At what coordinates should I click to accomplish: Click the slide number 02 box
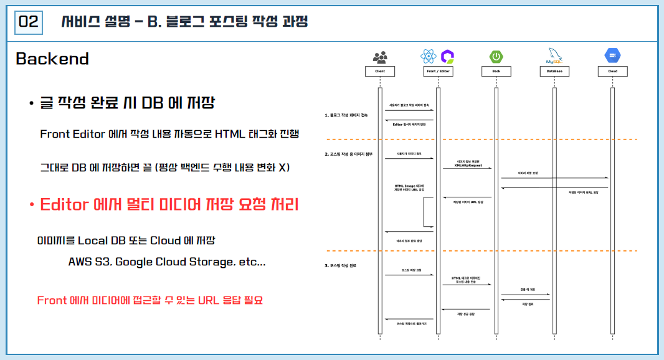coord(29,22)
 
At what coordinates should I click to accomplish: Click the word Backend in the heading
coord(52,59)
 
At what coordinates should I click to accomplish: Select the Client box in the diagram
coord(380,72)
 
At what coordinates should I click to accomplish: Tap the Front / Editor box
coord(439,72)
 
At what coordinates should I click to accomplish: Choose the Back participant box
coord(496,72)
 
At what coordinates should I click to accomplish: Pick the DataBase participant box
coord(554,72)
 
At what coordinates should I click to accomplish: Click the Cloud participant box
coord(612,72)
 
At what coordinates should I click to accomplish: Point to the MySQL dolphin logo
coord(554,56)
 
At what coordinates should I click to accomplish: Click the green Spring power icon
coord(496,57)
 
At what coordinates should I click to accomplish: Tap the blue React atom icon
coord(428,57)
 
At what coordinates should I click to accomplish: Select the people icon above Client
coord(380,57)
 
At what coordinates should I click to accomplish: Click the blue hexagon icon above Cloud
coord(612,56)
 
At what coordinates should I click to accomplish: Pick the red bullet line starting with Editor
coord(169,204)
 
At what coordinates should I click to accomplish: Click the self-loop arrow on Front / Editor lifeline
coord(430,212)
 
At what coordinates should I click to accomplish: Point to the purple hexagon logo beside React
coord(447,57)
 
